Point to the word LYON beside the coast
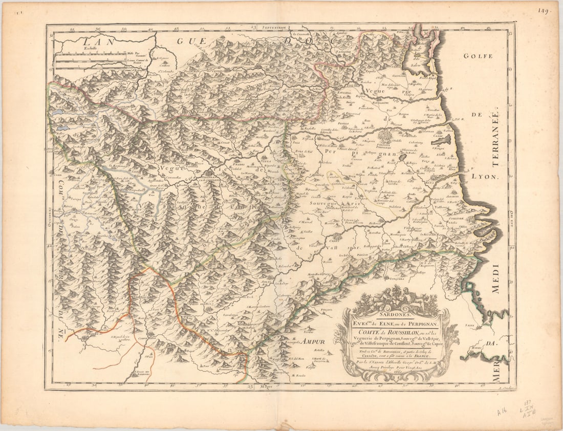(481, 176)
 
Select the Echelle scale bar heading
(83, 50)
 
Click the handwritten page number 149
(544, 10)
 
